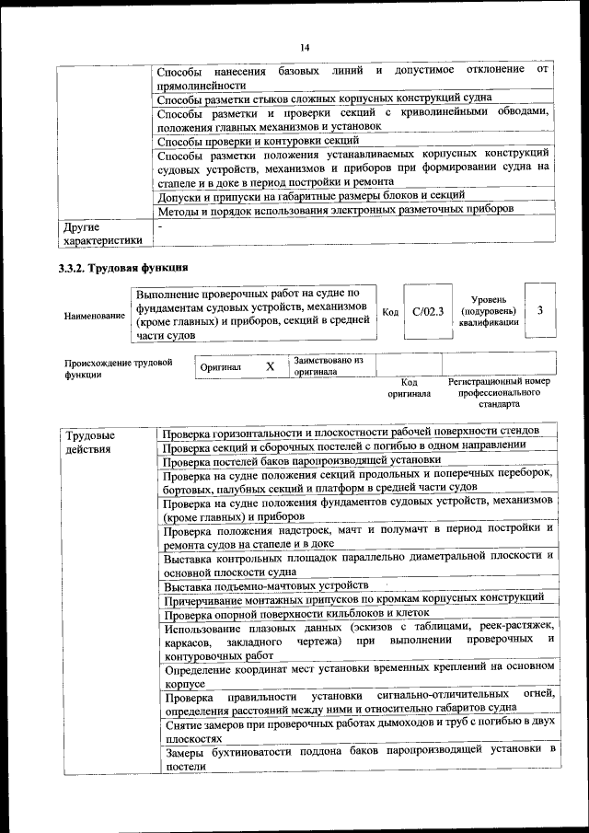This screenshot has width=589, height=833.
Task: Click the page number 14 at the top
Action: click(304, 48)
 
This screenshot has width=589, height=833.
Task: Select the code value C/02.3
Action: click(428, 311)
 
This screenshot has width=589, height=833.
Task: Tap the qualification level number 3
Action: click(540, 310)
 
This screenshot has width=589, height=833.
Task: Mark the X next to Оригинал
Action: click(271, 366)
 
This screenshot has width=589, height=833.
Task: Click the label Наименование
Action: click(95, 316)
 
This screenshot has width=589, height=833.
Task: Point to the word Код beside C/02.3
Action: click(390, 312)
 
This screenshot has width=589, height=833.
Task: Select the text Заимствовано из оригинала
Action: click(329, 365)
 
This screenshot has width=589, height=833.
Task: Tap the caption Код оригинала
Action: click(410, 387)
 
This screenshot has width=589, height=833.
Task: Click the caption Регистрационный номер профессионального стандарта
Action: click(499, 392)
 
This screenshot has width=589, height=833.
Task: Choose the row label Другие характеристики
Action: click(101, 233)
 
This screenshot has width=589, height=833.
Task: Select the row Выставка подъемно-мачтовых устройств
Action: click(267, 585)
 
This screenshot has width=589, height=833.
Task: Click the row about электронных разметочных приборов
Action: click(335, 210)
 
